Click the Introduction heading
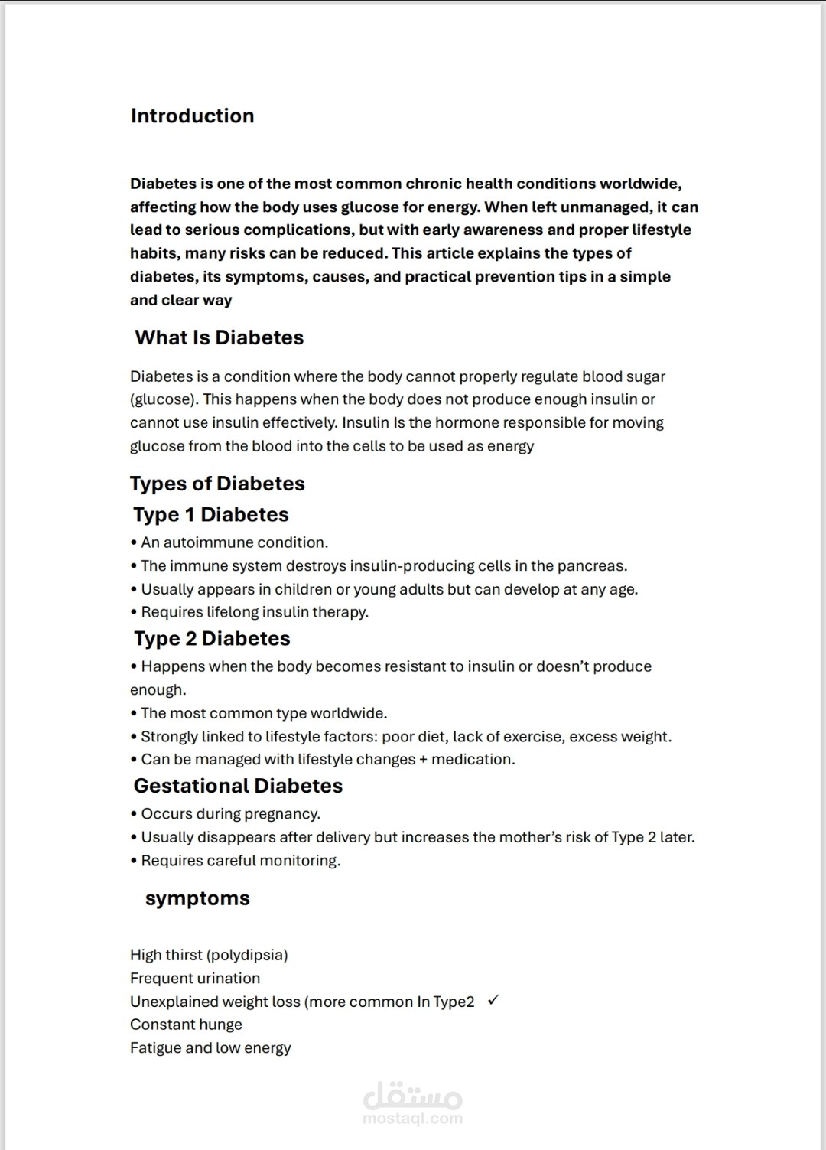pos(192,116)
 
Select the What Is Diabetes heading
pos(219,337)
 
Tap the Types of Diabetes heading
pos(217,484)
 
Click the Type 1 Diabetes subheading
pos(211,515)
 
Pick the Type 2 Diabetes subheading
pos(212,639)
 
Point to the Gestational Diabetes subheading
pos(238,786)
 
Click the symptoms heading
pos(197,898)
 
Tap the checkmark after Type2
pos(493,1000)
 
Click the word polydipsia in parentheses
pos(247,955)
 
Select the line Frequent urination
pos(195,978)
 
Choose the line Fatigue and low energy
pos(210,1048)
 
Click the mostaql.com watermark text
pos(412,1118)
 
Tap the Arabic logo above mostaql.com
pos(413,1096)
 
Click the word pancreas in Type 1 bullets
pos(591,566)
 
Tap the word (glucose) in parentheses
pos(162,399)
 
